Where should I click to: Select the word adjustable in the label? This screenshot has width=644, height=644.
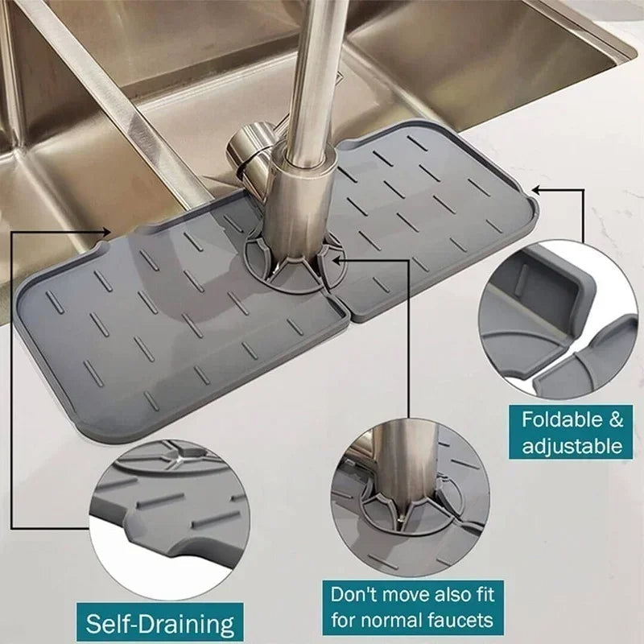[x=572, y=445]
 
